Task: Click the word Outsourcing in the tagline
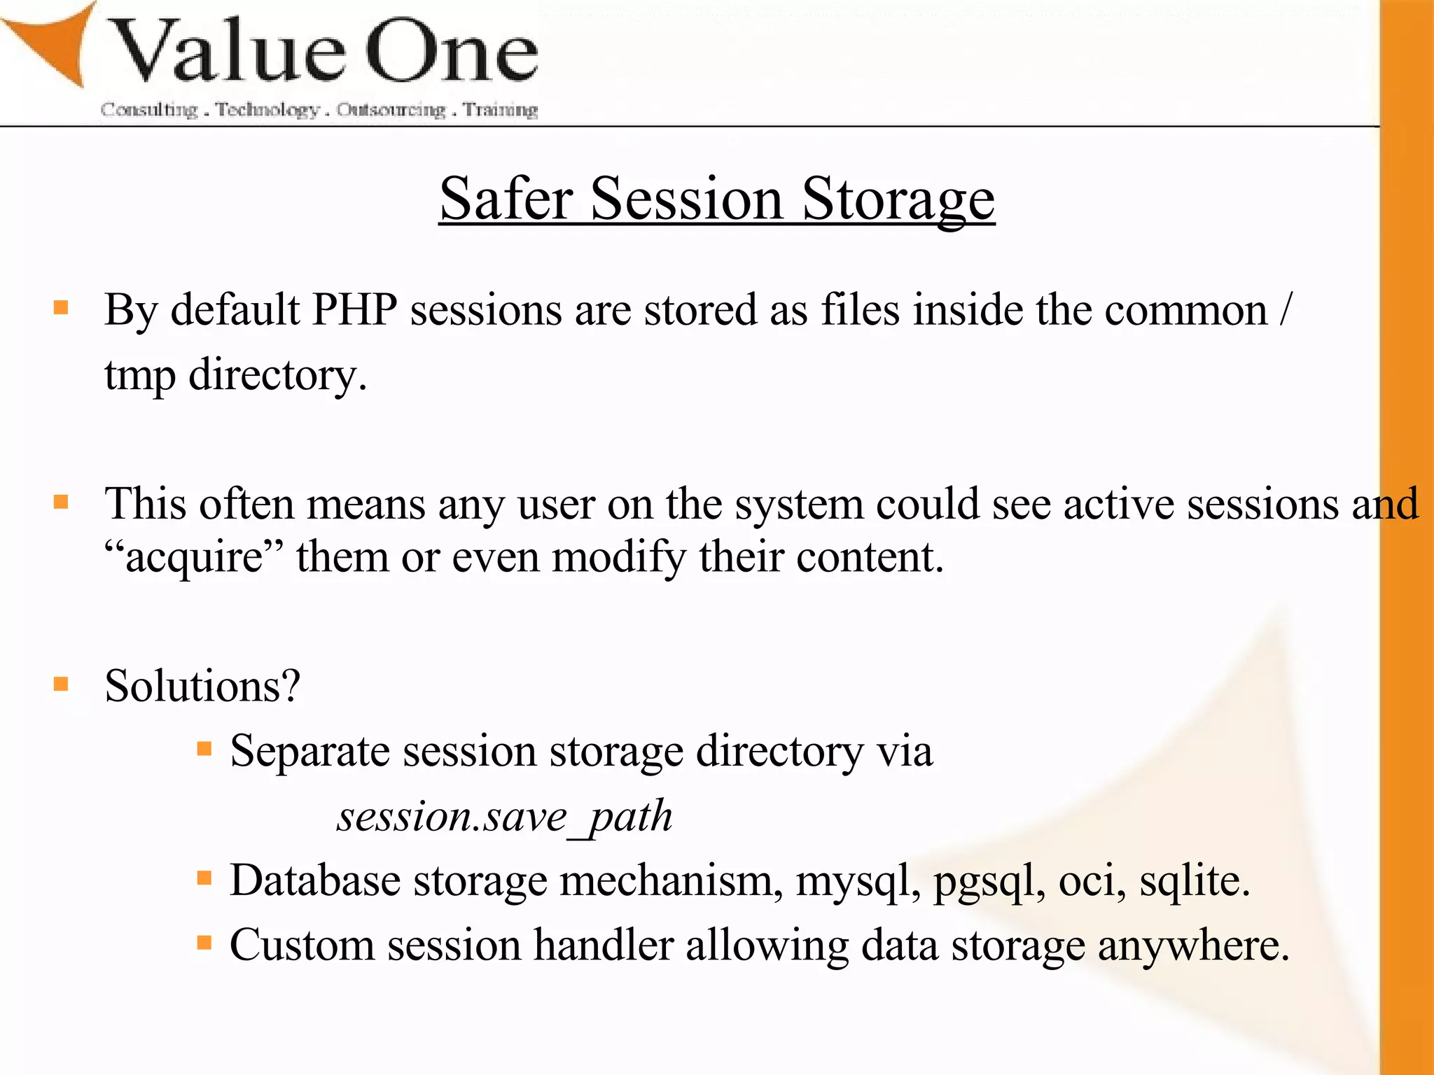[x=391, y=110]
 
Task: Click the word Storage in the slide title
[x=898, y=200]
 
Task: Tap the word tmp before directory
[x=139, y=377]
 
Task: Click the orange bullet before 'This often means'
[x=61, y=502]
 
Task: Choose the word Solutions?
[x=202, y=686]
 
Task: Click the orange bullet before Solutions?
[x=61, y=684]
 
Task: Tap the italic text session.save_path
[x=504, y=817]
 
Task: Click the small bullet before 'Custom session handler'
[x=204, y=943]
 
